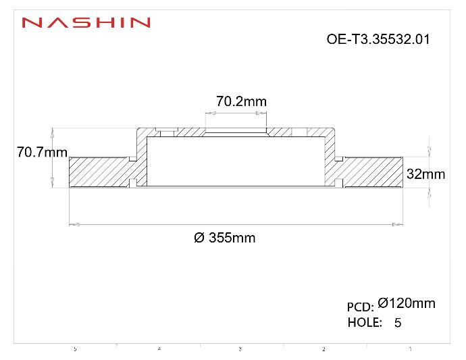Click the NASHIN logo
[86, 23]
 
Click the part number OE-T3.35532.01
[378, 39]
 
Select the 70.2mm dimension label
[241, 101]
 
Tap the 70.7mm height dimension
[41, 153]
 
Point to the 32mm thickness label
[425, 174]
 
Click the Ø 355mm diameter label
[225, 238]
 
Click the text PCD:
[360, 307]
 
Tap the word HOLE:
[365, 322]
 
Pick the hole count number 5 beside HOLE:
[398, 323]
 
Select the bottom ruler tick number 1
[411, 349]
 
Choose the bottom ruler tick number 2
[323, 349]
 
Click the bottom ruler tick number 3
[240, 349]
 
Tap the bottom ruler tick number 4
[159, 349]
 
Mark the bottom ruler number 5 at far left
[75, 349]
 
